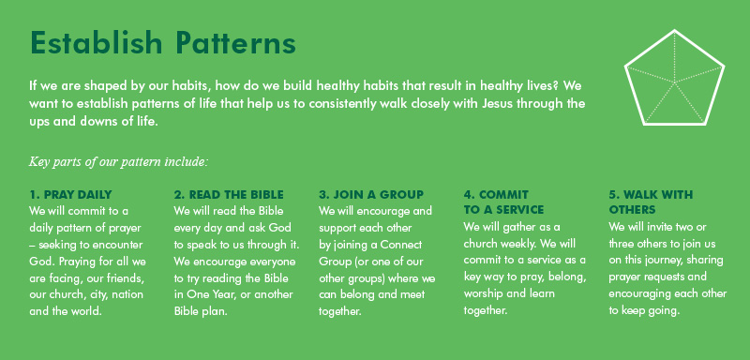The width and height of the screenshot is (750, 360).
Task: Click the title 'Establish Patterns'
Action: (163, 43)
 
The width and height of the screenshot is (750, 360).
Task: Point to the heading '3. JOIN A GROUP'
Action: (371, 194)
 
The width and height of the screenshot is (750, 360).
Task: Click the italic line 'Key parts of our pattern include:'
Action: (118, 161)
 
